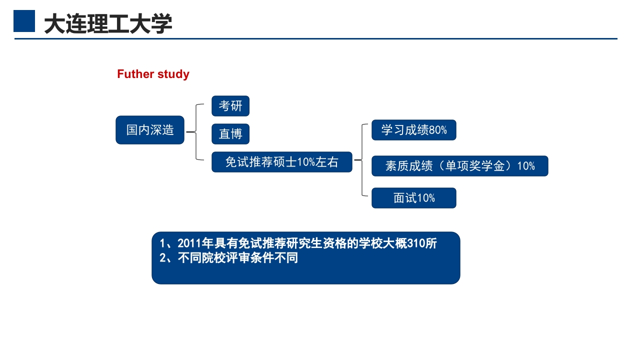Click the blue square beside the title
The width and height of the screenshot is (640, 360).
point(24,21)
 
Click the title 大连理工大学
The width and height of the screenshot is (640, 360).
point(108,23)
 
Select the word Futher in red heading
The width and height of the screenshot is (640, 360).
point(135,74)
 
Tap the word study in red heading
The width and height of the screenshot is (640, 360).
point(173,74)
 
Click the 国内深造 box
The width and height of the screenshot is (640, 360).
point(150,130)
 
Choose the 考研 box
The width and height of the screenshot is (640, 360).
point(230,106)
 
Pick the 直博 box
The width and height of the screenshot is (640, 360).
point(230,134)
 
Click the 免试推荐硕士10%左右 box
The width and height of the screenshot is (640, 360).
point(281,162)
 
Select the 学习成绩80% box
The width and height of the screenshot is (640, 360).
point(413,130)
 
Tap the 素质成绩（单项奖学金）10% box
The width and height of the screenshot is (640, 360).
point(459,166)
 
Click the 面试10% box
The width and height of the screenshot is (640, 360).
point(413,198)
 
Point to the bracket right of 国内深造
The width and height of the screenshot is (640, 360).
point(196,132)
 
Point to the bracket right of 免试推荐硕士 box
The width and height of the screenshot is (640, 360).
point(361,160)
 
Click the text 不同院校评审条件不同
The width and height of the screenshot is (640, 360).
point(237,258)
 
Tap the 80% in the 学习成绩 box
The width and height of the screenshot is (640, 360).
point(438,130)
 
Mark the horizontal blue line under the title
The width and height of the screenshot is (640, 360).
point(315,38)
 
